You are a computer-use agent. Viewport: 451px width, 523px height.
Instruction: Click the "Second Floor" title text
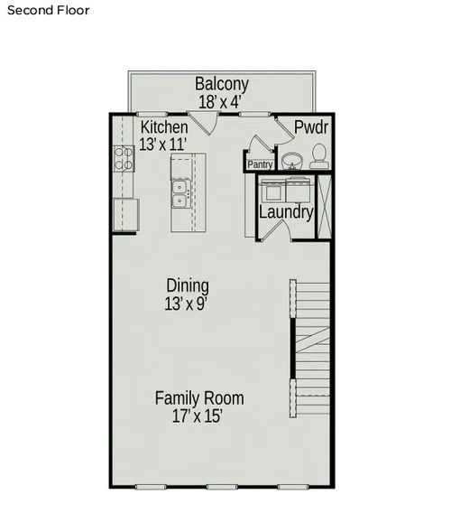(49, 10)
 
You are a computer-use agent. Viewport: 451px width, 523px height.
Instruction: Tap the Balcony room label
(222, 84)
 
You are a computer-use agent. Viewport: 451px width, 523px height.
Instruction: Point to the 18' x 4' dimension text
(219, 102)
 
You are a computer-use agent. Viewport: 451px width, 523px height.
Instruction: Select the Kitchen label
(164, 127)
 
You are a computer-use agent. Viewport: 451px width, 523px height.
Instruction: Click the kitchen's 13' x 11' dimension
(162, 145)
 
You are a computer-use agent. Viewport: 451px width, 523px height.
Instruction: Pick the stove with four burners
(124, 159)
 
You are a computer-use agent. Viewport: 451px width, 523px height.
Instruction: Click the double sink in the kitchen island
(180, 194)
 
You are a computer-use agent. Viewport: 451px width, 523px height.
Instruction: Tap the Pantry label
(260, 164)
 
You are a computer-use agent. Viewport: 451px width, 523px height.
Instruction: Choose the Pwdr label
(311, 127)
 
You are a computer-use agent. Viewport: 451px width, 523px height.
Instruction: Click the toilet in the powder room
(320, 156)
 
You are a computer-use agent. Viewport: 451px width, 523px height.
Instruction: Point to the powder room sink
(292, 161)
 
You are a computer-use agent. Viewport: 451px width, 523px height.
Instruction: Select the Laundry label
(286, 212)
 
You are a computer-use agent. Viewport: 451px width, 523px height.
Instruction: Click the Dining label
(188, 285)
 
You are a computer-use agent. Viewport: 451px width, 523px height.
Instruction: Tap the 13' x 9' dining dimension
(186, 304)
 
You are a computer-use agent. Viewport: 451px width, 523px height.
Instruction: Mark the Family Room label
(199, 398)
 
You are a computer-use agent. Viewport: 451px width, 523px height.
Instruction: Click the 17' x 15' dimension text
(198, 416)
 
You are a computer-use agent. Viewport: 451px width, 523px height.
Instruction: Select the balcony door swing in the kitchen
(204, 124)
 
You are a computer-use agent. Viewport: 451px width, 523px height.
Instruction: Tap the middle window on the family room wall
(222, 487)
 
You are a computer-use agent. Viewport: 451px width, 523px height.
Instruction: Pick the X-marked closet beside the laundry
(324, 207)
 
